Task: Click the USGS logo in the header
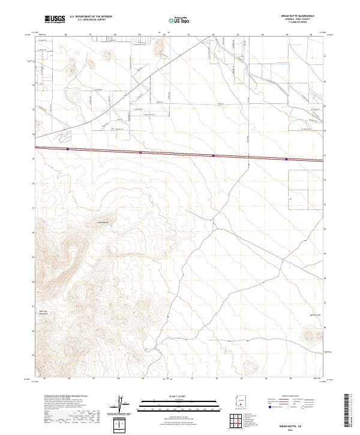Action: coord(54,20)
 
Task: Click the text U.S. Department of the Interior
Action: coord(91,17)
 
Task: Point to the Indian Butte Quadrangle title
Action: coord(298,16)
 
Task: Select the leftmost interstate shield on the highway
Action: coord(68,149)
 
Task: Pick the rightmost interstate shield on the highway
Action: coord(286,159)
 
